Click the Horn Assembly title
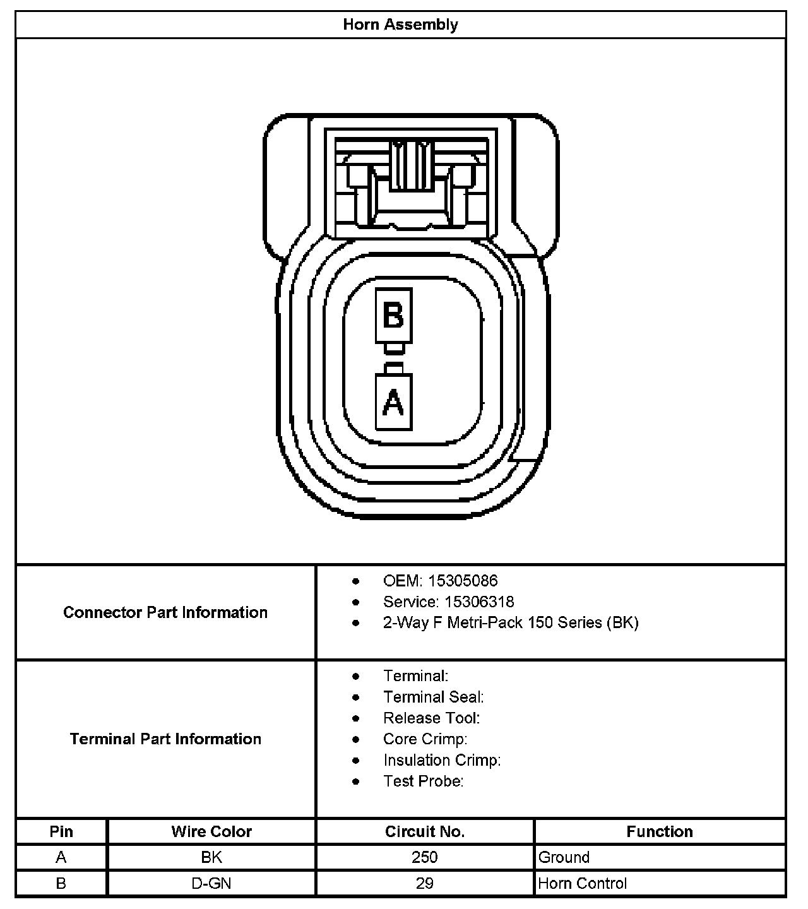(400, 25)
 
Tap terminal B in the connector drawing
(393, 315)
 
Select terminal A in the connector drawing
(393, 402)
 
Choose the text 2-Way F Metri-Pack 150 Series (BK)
(511, 622)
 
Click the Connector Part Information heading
(165, 612)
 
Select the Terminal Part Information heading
(165, 739)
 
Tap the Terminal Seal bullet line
(433, 697)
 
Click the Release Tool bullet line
(431, 718)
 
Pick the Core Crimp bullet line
(425, 739)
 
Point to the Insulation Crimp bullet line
(442, 760)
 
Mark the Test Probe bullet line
(423, 781)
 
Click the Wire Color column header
(211, 831)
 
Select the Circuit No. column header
(425, 831)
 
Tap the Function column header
(660, 831)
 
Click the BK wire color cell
(211, 857)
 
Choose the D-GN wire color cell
(211, 883)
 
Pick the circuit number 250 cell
(425, 857)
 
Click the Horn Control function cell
(583, 883)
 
